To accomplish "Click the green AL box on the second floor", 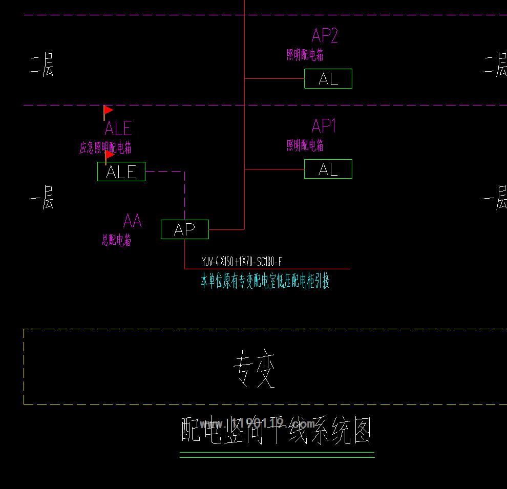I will pyautogui.click(x=328, y=79).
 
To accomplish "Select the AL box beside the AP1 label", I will pyautogui.click(x=328, y=169).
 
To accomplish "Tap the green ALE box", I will pyautogui.click(x=121, y=172).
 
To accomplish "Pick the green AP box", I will pyautogui.click(x=185, y=229).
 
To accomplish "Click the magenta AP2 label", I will pyautogui.click(x=325, y=36).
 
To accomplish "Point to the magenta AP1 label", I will pyautogui.click(x=324, y=126).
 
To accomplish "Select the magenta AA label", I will pyautogui.click(x=132, y=221).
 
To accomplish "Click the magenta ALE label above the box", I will pyautogui.click(x=118, y=128).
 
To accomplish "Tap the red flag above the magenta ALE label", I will pyautogui.click(x=108, y=111).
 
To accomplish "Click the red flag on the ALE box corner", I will pyautogui.click(x=109, y=155).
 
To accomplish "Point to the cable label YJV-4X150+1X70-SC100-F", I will pyautogui.click(x=242, y=263).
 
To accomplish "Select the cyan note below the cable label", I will pyautogui.click(x=264, y=281).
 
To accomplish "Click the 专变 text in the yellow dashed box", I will pyautogui.click(x=255, y=368).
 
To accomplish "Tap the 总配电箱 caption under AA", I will pyautogui.click(x=116, y=240).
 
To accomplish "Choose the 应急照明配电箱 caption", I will pyautogui.click(x=105, y=148).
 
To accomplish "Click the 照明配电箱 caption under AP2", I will pyautogui.click(x=305, y=55).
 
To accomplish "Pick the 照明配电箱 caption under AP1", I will pyautogui.click(x=305, y=145).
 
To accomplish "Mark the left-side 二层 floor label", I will pyautogui.click(x=41, y=67).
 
